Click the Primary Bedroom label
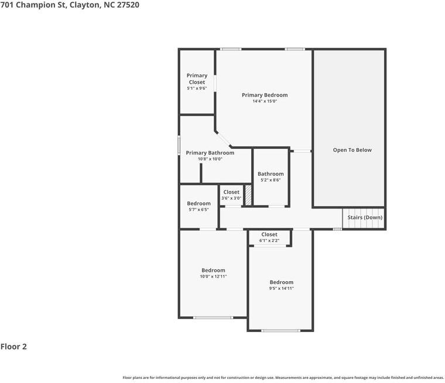265,95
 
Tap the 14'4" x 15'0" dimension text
265,101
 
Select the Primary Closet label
197,78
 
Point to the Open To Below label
352,150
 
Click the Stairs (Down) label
365,217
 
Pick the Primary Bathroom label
210,153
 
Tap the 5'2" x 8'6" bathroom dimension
271,180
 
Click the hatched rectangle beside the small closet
248,195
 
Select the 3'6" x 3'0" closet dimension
231,198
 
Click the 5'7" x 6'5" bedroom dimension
198,210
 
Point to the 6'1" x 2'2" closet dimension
269,241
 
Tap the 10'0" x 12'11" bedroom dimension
213,276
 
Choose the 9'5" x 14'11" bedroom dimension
281,288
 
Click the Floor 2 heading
13,347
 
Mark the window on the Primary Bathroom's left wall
179,145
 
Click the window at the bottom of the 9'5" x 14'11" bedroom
280,330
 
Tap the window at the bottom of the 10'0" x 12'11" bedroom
213,317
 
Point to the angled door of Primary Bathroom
223,139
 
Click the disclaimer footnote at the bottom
283,378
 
